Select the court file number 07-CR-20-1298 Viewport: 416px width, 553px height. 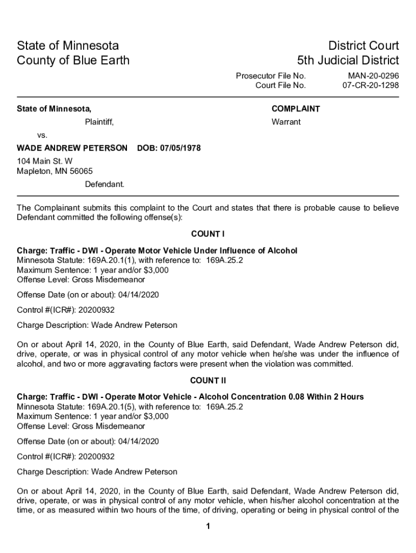click(371, 85)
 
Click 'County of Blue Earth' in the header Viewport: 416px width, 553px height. click(73, 60)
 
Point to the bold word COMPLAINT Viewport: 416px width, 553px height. click(296, 109)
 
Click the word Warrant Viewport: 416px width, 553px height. click(286, 122)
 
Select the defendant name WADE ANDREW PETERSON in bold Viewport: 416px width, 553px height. click(72, 148)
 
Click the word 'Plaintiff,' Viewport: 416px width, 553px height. click(99, 122)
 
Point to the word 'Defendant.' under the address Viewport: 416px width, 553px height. click(104, 184)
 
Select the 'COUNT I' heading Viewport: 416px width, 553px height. click(207, 234)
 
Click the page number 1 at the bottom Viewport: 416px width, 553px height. click(207, 527)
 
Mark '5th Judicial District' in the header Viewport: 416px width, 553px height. click(348, 60)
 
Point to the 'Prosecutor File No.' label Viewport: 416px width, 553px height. click(271, 76)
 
